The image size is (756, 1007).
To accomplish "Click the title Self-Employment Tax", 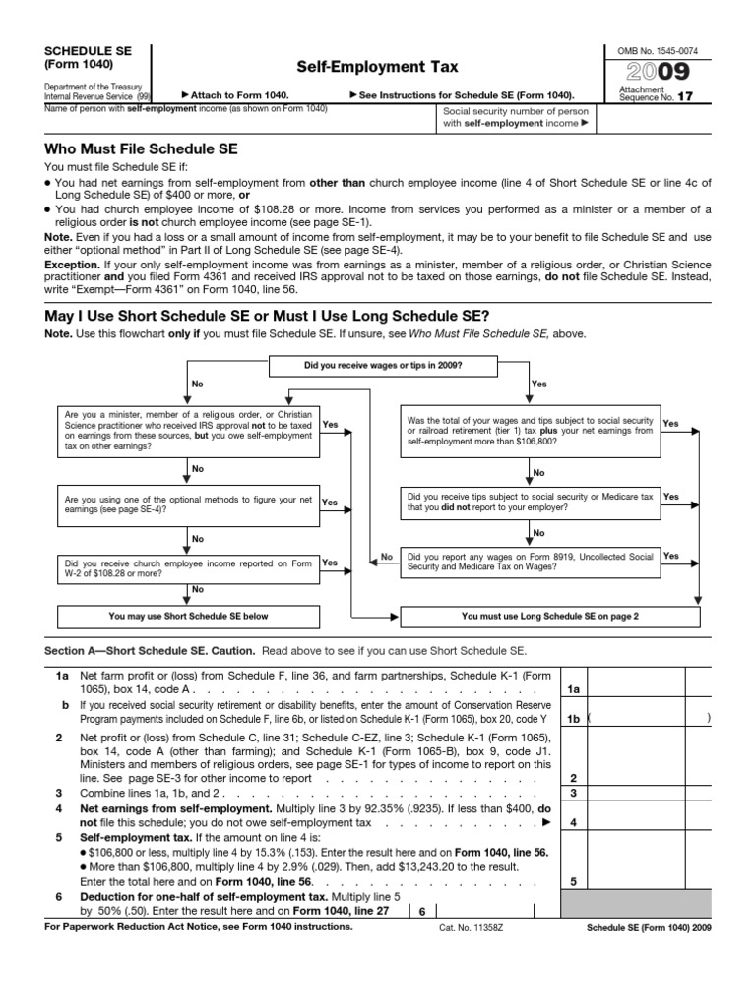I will coord(378,67).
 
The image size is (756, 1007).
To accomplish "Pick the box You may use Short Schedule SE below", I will coord(188,617).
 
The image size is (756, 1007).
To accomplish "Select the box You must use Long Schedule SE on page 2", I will coord(550,617).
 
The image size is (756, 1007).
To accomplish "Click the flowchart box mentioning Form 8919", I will coord(531,562).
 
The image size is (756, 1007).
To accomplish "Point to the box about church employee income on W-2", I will coord(188,568).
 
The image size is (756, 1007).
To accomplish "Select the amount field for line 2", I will coord(635,778).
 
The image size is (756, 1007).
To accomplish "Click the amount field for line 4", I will coord(635,822).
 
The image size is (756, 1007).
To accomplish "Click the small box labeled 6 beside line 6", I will coord(421,912).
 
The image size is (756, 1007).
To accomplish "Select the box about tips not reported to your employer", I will coord(531,503).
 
